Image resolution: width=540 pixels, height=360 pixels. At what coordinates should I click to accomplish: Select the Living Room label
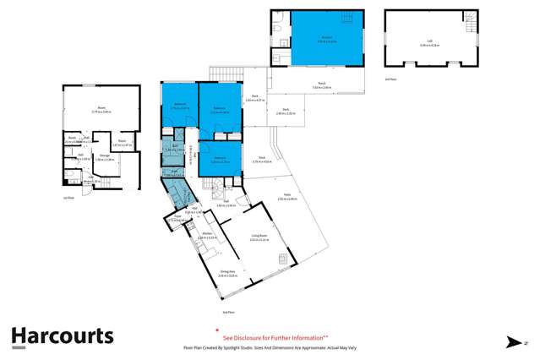pos(259,238)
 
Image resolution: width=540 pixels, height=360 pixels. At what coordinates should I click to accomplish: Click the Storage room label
pos(105,157)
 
